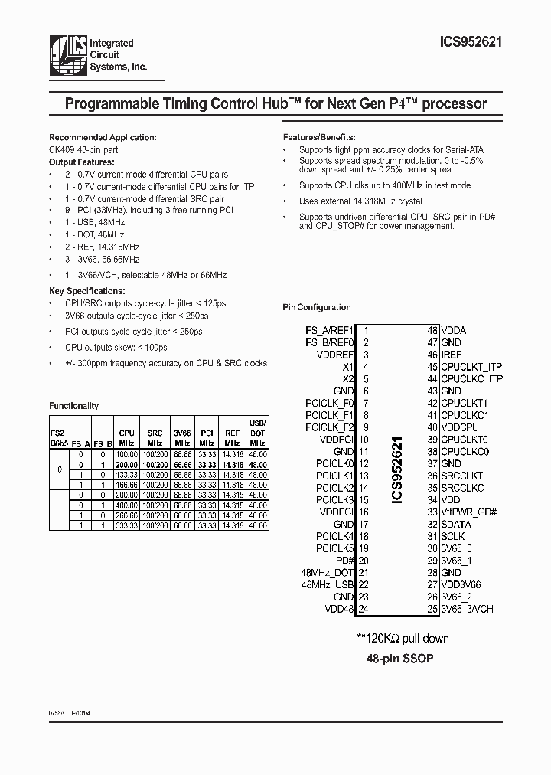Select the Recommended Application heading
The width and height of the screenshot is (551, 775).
point(103,137)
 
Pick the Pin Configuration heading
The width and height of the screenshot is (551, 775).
point(317,307)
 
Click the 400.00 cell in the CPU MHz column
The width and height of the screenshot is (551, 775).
point(126,505)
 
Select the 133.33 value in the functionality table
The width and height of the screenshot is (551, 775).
point(126,475)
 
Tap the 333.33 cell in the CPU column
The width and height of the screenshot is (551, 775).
point(126,525)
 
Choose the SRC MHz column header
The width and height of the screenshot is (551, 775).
point(155,438)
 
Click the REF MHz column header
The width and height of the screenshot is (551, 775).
point(232,438)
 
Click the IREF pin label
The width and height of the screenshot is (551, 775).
point(452,355)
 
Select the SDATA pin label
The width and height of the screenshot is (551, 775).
point(455,525)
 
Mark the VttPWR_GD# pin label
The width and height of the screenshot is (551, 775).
point(468,512)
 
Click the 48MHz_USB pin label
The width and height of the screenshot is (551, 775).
point(328,584)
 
